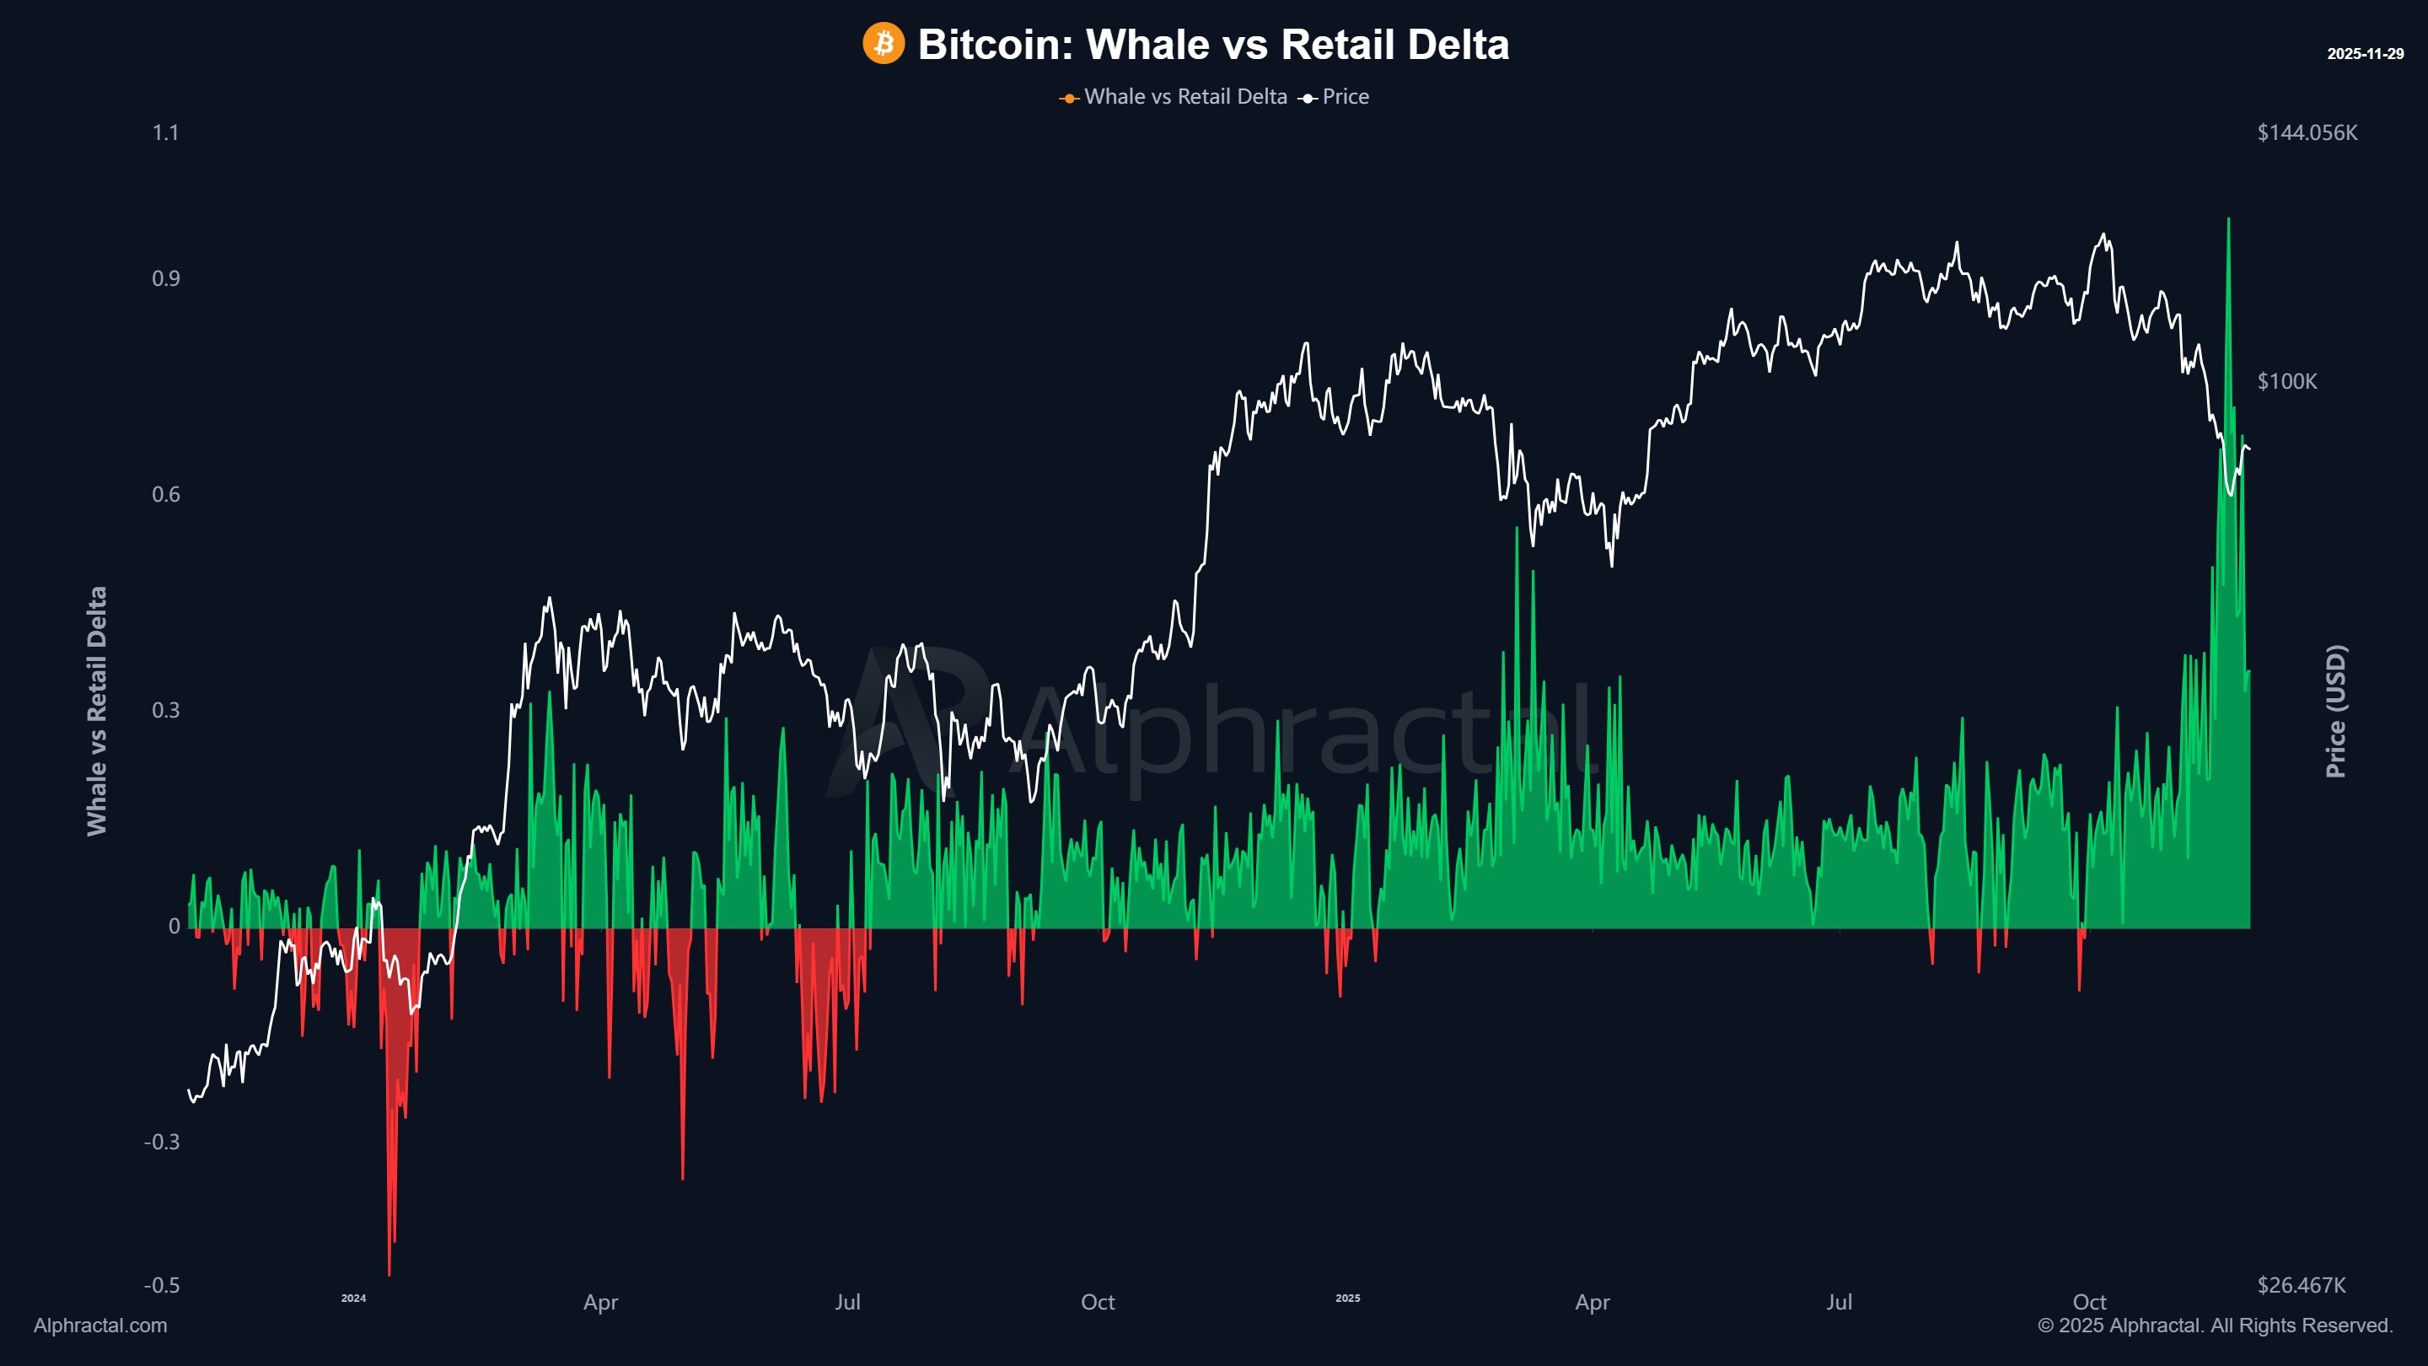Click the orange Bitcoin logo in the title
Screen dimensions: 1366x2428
(x=884, y=45)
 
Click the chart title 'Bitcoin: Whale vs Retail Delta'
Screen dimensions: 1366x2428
(x=1213, y=45)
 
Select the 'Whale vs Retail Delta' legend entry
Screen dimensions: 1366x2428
(x=1184, y=97)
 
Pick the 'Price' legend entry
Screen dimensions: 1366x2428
(x=1344, y=97)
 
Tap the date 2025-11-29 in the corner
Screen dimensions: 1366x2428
(x=2365, y=54)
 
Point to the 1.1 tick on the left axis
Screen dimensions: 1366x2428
(x=165, y=133)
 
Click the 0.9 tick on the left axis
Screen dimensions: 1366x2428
(x=165, y=279)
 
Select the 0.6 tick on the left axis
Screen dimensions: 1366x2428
(x=165, y=495)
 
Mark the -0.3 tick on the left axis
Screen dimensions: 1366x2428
(x=161, y=1142)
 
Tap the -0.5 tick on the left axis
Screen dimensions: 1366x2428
(x=161, y=1286)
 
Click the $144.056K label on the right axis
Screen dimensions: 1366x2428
(x=2307, y=133)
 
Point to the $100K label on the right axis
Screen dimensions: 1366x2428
(x=2286, y=382)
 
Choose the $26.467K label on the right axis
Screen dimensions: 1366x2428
(x=2301, y=1286)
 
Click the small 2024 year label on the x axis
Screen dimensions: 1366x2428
(x=353, y=1299)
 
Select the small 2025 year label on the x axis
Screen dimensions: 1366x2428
(x=1348, y=1299)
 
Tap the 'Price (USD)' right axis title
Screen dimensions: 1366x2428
(x=2335, y=711)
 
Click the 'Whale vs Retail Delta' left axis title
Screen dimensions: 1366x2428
(x=97, y=711)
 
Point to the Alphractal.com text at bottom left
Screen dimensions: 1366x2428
(x=100, y=1326)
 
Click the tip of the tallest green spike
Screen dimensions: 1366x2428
(x=2228, y=219)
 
